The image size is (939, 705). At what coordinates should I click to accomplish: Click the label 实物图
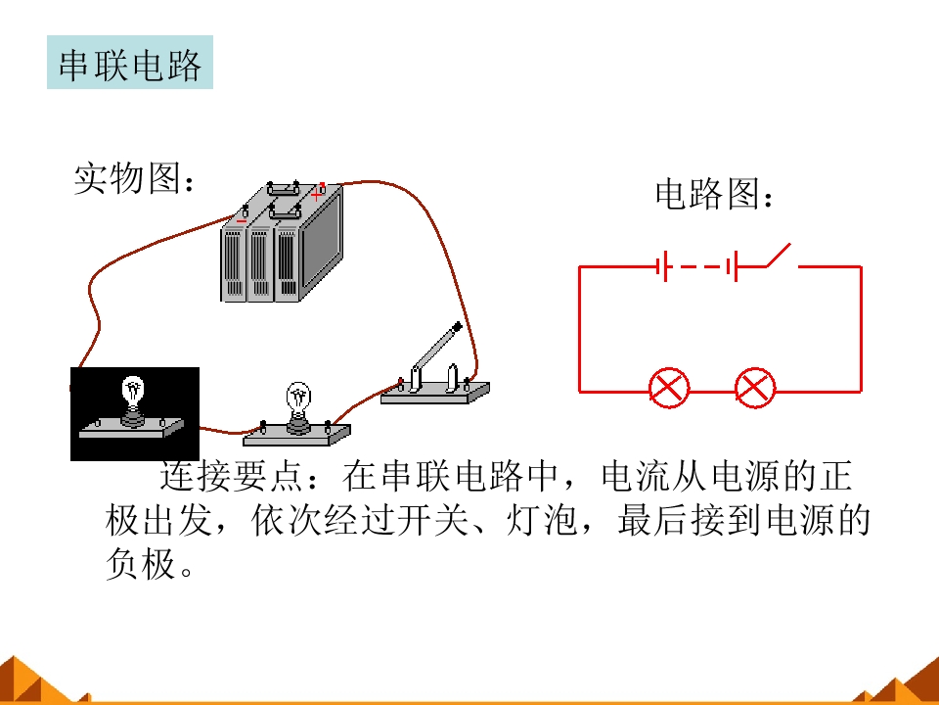[127, 178]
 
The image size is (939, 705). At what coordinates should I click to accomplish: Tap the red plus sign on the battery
[317, 194]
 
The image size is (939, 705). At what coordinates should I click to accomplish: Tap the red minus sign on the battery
[241, 221]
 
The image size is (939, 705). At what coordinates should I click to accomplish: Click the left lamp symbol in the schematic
[669, 388]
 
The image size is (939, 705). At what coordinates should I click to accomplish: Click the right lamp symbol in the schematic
[754, 388]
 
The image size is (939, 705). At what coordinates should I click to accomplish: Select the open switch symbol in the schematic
[779, 255]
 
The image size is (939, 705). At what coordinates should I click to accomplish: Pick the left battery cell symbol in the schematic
[661, 266]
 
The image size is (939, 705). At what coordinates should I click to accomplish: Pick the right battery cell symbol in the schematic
[732, 266]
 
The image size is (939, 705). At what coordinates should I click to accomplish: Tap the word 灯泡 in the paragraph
[541, 519]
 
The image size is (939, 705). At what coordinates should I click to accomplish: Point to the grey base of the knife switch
[435, 394]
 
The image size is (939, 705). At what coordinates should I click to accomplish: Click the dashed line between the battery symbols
[700, 266]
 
